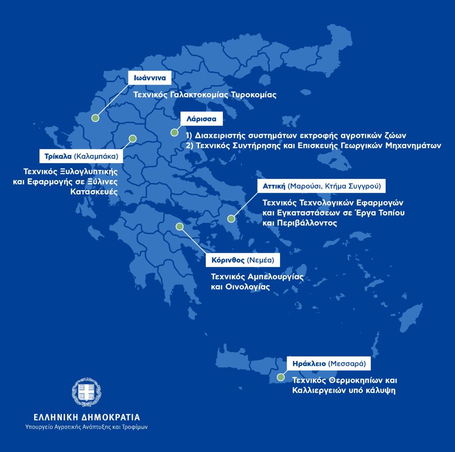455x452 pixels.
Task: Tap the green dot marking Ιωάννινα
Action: pos(95,118)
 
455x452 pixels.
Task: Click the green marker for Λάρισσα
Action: pos(175,132)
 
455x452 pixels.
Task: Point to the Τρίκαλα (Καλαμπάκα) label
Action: pos(81,156)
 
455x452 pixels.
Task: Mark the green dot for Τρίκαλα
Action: pos(132,139)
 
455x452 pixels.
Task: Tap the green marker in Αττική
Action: pos(231,218)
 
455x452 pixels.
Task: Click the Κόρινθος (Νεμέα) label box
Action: pos(243,260)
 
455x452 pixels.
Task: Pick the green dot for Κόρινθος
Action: pos(180,226)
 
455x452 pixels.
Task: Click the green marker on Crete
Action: pos(280,377)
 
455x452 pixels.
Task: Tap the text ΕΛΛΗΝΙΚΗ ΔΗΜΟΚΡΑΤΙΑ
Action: pos(87,417)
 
